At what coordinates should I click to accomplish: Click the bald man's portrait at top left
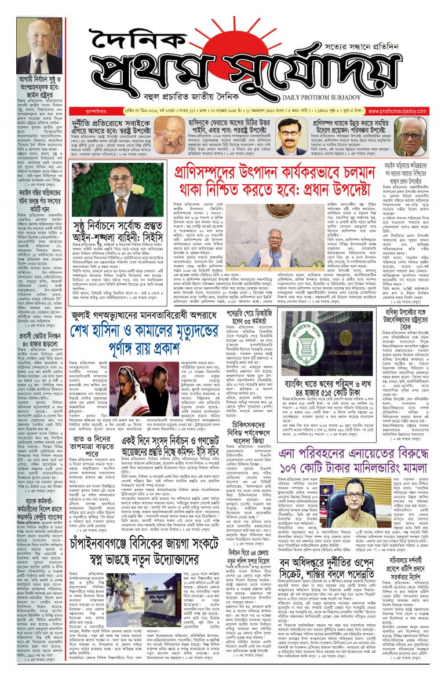click(x=39, y=46)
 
